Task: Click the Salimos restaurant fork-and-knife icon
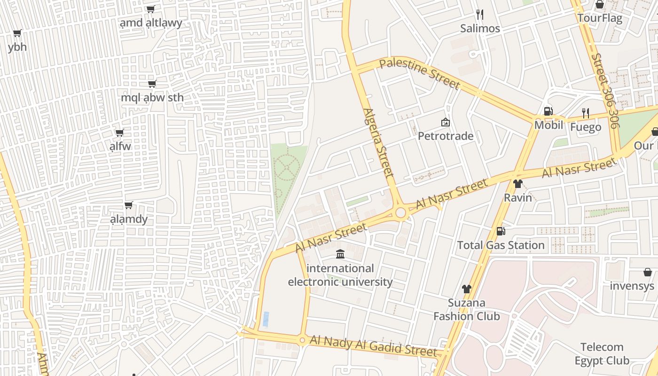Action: tap(479, 14)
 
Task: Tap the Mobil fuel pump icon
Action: tap(548, 111)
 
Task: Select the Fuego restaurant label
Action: tap(585, 127)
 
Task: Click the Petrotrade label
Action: tap(446, 136)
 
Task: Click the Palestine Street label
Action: tap(419, 73)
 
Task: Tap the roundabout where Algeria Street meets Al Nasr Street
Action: tap(400, 213)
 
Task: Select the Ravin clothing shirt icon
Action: tap(518, 184)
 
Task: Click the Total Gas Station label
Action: tap(501, 245)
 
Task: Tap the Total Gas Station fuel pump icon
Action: tap(501, 231)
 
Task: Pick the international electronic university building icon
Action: tap(340, 254)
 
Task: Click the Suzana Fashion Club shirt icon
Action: tap(466, 289)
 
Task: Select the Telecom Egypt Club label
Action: tap(602, 354)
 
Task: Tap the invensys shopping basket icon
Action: tap(647, 272)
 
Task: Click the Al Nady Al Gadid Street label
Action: tap(373, 346)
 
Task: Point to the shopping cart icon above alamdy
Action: tap(128, 205)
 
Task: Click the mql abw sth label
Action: tap(152, 98)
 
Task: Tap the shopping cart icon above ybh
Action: tap(17, 33)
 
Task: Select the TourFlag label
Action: tap(599, 18)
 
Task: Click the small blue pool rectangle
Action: tap(266, 319)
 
